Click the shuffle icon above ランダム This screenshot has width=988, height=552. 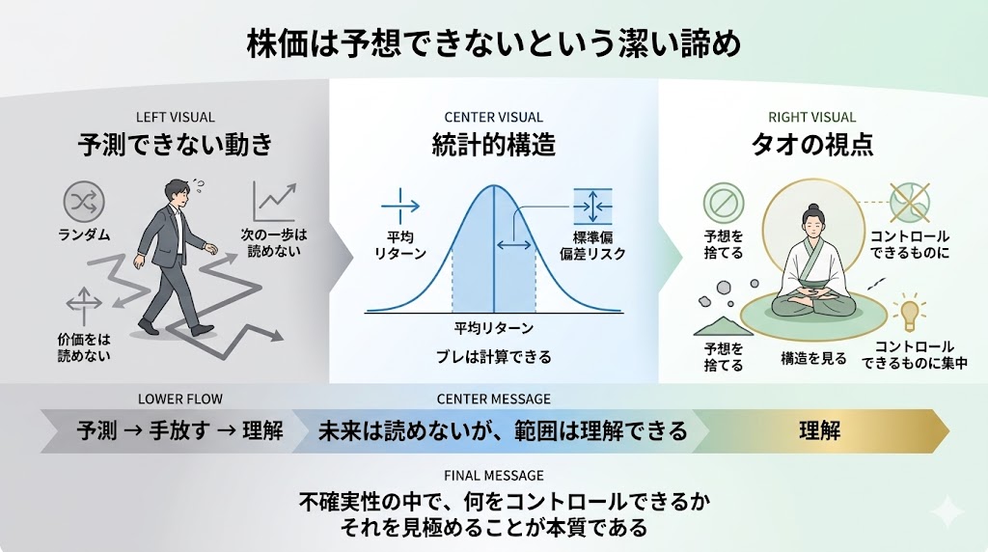(x=84, y=203)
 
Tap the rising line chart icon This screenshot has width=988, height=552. (x=275, y=201)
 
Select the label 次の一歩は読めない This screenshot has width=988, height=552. (x=274, y=242)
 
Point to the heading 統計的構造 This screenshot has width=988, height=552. (x=493, y=145)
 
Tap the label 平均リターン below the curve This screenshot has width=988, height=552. (x=493, y=328)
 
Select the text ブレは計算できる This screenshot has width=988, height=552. (x=493, y=357)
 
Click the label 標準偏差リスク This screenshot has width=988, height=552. (x=592, y=246)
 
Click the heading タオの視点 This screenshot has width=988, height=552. (x=812, y=145)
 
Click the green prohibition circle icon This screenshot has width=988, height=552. (x=724, y=203)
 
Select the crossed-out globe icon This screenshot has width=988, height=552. (x=909, y=203)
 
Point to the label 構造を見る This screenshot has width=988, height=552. (x=813, y=359)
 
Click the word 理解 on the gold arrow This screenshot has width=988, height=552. (x=820, y=431)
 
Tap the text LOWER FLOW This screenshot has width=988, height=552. (x=180, y=399)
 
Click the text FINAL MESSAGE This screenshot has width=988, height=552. (x=493, y=476)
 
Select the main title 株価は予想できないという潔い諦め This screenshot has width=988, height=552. (x=493, y=44)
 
